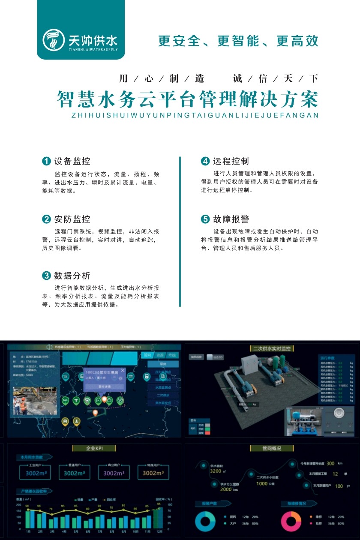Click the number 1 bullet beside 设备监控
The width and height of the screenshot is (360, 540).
click(46, 162)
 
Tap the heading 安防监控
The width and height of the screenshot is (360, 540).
click(72, 219)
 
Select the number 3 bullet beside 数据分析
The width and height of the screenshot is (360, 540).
click(46, 276)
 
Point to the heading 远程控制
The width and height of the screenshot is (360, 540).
click(231, 162)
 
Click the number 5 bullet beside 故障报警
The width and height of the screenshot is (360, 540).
click(205, 219)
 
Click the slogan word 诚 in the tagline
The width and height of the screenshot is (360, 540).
click(237, 78)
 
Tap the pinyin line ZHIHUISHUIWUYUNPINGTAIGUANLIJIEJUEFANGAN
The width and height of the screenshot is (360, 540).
click(195, 115)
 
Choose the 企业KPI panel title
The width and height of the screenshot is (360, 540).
click(96, 448)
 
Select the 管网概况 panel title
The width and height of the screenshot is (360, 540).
click(271, 448)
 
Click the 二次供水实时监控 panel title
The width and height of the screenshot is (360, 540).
click(271, 348)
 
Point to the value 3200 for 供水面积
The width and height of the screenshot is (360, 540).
click(216, 471)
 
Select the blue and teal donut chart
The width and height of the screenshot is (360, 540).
click(205, 521)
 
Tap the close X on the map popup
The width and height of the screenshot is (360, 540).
click(123, 370)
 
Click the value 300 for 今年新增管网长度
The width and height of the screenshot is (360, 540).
click(330, 463)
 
